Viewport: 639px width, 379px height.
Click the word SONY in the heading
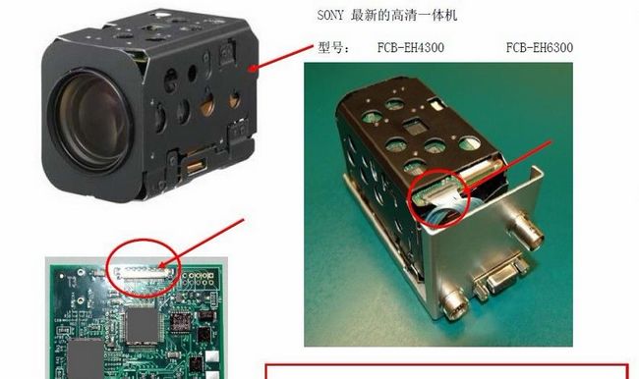click(x=330, y=16)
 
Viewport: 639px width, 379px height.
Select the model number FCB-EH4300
click(x=410, y=48)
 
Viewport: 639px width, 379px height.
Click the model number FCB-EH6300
click(x=539, y=48)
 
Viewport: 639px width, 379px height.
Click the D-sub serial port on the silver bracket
click(x=499, y=276)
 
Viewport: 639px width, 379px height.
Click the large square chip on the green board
click(x=142, y=325)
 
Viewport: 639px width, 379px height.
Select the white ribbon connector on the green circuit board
click(x=142, y=273)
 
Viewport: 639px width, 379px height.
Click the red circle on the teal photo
click(x=439, y=197)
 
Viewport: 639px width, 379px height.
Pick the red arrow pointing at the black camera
click(x=280, y=58)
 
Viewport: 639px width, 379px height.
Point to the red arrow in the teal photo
click(x=506, y=167)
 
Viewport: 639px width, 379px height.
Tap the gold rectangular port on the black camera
click(x=196, y=166)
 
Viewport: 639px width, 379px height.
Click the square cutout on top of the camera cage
click(x=416, y=127)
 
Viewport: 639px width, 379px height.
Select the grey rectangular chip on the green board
click(x=85, y=358)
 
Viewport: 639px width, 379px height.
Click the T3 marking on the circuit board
click(x=72, y=281)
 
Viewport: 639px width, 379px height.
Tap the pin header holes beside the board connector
click(x=198, y=279)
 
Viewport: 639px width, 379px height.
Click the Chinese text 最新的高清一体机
click(x=404, y=16)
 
